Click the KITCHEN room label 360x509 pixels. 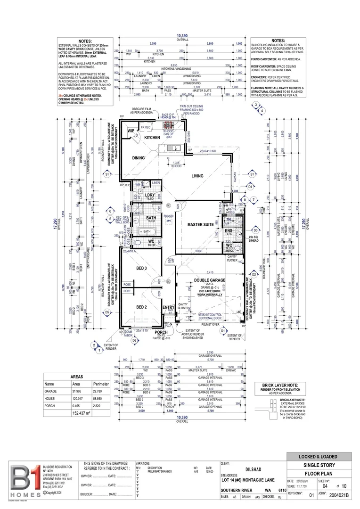point(152,138)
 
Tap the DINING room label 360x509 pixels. point(138,158)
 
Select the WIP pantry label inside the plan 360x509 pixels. point(131,131)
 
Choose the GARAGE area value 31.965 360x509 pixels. point(76,391)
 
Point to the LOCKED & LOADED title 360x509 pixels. point(319,457)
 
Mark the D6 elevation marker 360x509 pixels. point(134,340)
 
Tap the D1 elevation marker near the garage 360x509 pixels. point(223,331)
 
